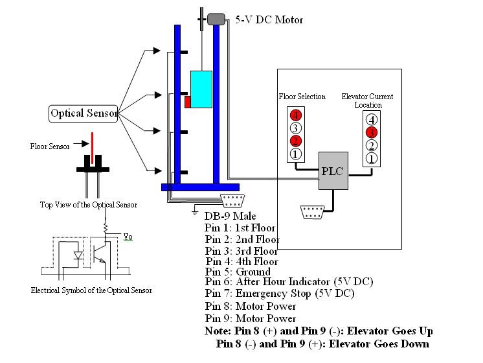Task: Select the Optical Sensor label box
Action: [x=84, y=113]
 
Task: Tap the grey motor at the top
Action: [x=216, y=19]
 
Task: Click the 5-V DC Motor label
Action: [x=269, y=20]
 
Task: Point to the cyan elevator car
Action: [x=201, y=88]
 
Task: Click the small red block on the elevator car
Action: [x=187, y=102]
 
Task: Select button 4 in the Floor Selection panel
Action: [x=295, y=115]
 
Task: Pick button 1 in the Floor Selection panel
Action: [x=295, y=154]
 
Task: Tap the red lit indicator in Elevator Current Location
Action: [x=371, y=132]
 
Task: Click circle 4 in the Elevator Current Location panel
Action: [x=371, y=119]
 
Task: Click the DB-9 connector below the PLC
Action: [x=313, y=212]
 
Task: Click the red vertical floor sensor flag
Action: [x=93, y=147]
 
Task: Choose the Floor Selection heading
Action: [x=302, y=97]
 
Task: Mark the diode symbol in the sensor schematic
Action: [x=78, y=255]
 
